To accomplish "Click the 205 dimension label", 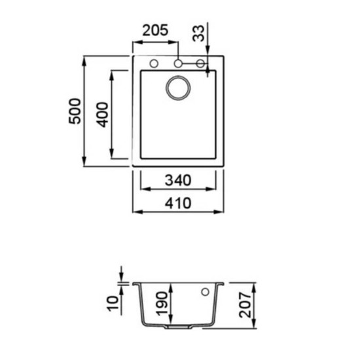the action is pos(155,30).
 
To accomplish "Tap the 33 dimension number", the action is pos(198,33).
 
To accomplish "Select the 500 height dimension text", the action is pos(75,111).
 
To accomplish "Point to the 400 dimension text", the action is pos(102,115).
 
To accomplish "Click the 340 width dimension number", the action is pos(178,180).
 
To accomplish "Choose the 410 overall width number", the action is pos(178,203).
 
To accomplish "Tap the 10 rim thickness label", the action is pos(113,303).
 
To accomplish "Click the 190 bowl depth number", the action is pos(162,304).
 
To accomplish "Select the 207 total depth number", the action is pos(245,305).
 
